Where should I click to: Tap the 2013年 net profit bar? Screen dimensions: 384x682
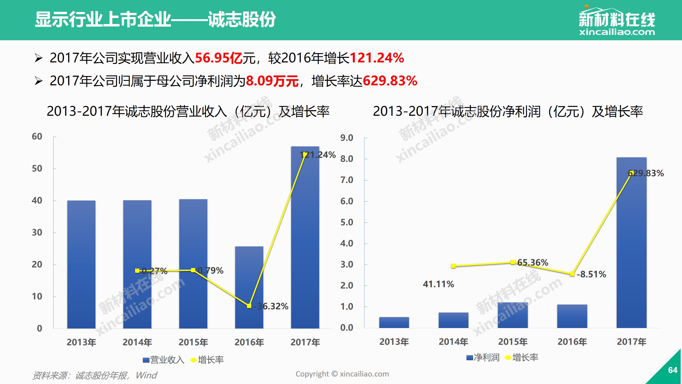coord(394,322)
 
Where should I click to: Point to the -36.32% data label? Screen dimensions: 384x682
coord(271,306)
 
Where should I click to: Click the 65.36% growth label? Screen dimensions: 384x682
coord(533,263)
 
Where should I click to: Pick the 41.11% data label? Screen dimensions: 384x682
coord(439,284)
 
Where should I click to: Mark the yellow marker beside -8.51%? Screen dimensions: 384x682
coord(572,274)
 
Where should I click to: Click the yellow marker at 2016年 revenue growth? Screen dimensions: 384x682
coord(249,306)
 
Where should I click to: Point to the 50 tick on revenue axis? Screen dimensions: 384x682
coord(37,169)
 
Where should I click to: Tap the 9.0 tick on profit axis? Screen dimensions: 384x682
coord(347,138)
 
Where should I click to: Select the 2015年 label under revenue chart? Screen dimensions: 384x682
coord(193,342)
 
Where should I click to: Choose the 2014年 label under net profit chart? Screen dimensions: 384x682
coord(453,342)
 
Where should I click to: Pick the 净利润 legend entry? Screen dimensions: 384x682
coord(483,358)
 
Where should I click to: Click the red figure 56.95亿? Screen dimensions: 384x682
coord(218,58)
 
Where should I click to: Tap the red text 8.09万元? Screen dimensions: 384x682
coord(272,81)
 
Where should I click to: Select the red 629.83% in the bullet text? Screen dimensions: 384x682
coord(390,81)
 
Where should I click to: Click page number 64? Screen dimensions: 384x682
coord(673,370)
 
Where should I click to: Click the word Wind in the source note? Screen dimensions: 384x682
coord(146,375)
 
